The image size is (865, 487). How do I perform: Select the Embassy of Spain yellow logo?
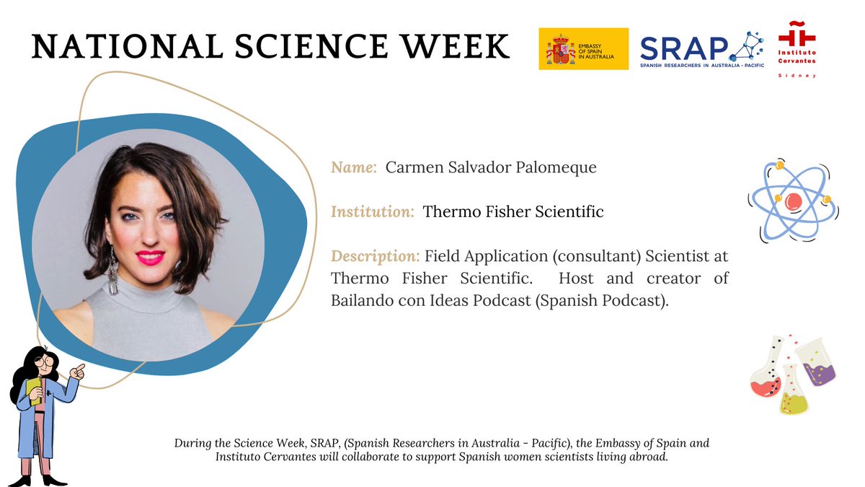[x=583, y=48]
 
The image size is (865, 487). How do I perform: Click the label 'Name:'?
[x=354, y=167]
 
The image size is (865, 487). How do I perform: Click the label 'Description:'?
[x=375, y=257]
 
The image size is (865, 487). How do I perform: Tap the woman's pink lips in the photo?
[x=151, y=258]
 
